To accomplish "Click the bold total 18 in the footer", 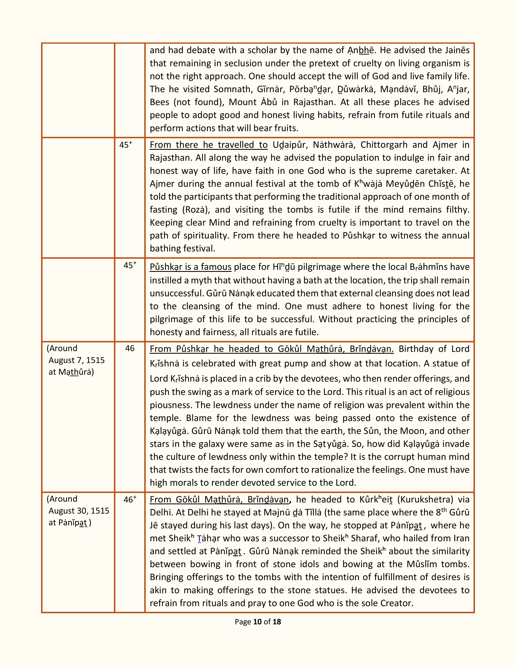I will [277, 622].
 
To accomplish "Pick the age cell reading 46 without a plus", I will [130, 348].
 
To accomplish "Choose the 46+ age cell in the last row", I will [130, 500].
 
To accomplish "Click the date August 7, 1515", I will [76, 360].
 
